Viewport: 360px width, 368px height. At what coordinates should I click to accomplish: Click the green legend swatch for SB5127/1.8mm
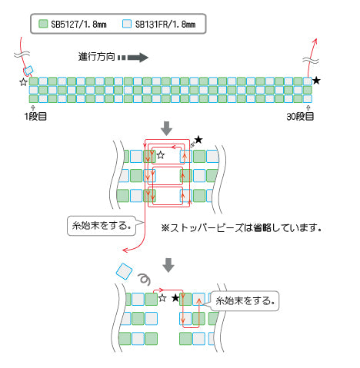(43, 24)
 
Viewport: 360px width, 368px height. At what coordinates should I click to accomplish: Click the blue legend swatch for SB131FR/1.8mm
(127, 24)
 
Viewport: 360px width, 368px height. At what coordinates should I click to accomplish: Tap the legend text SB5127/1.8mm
(78, 25)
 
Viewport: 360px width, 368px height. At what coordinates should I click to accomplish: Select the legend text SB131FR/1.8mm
(165, 25)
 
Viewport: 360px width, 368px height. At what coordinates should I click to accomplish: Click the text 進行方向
(96, 57)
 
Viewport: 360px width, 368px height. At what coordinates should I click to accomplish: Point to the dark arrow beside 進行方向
(133, 58)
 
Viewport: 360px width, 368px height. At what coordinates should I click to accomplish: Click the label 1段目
(35, 117)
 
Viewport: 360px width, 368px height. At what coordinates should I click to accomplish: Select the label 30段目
(300, 117)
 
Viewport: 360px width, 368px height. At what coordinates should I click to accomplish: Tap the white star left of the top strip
(23, 82)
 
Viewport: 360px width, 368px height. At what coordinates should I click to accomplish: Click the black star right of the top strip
(317, 81)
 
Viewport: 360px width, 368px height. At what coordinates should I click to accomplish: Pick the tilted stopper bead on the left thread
(28, 71)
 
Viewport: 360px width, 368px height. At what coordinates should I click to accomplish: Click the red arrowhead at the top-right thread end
(315, 41)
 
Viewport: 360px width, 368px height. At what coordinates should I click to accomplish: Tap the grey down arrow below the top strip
(166, 128)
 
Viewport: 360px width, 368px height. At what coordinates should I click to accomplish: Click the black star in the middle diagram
(198, 140)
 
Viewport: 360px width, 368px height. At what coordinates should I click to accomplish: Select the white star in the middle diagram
(161, 155)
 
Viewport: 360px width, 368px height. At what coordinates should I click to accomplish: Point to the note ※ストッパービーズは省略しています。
(242, 227)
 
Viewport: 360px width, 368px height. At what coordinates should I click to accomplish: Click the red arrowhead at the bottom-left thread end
(125, 250)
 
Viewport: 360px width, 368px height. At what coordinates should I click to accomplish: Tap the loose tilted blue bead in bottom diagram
(125, 271)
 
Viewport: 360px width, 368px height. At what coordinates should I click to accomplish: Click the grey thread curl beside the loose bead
(145, 280)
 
